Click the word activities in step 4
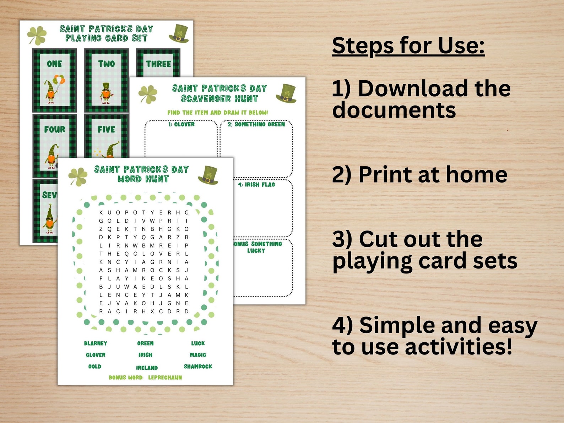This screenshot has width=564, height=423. [x=458, y=346]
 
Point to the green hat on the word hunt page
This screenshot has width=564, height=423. [x=208, y=175]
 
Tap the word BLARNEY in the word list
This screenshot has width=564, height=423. [x=96, y=343]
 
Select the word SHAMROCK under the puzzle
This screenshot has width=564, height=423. [x=198, y=366]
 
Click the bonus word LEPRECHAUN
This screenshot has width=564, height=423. [x=165, y=377]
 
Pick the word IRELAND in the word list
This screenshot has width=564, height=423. [x=147, y=368]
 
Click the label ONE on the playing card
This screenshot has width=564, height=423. [x=54, y=64]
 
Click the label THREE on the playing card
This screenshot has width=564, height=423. [x=158, y=64]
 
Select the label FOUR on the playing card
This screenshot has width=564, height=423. [x=54, y=129]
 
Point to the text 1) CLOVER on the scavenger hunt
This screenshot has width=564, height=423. [x=181, y=124]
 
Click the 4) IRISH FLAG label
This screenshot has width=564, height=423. [x=256, y=185]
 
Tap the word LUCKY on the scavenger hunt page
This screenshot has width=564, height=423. [x=256, y=251]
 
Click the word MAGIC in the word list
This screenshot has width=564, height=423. [x=198, y=355]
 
